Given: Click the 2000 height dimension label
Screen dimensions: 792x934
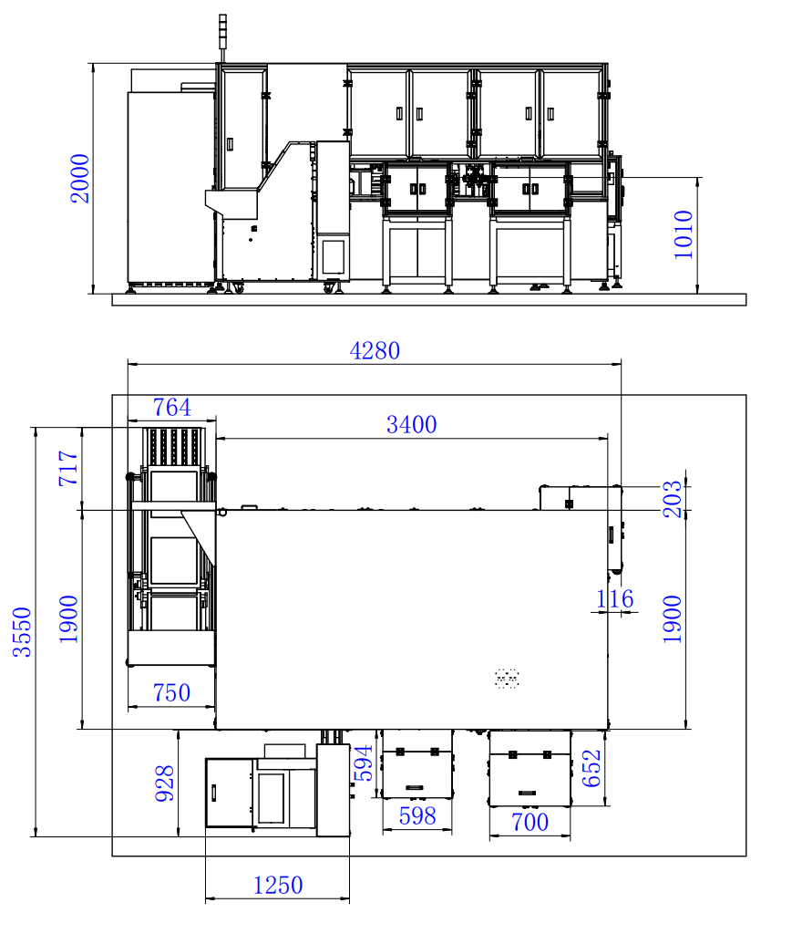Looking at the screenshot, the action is (79, 179).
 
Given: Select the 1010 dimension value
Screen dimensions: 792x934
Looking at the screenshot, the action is (684, 234).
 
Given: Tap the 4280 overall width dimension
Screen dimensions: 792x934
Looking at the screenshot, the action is (375, 351).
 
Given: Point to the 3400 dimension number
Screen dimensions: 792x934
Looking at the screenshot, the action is (412, 425).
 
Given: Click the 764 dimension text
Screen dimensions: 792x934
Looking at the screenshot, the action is (172, 408).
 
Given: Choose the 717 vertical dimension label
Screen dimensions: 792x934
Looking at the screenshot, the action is (68, 468).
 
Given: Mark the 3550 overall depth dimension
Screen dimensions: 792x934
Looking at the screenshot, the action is (22, 632).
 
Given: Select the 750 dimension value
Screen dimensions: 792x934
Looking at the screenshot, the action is (171, 693).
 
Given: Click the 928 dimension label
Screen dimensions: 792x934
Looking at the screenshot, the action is (165, 784).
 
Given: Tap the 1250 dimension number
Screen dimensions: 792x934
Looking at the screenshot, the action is (278, 885).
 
